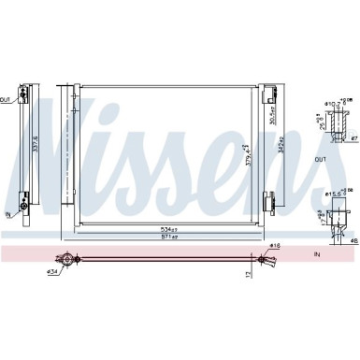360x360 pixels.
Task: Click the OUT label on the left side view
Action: point(7,97)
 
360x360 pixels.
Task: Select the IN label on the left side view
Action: point(9,214)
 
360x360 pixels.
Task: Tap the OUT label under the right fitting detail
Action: point(321,159)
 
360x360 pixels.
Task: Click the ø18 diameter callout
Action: point(274,246)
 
